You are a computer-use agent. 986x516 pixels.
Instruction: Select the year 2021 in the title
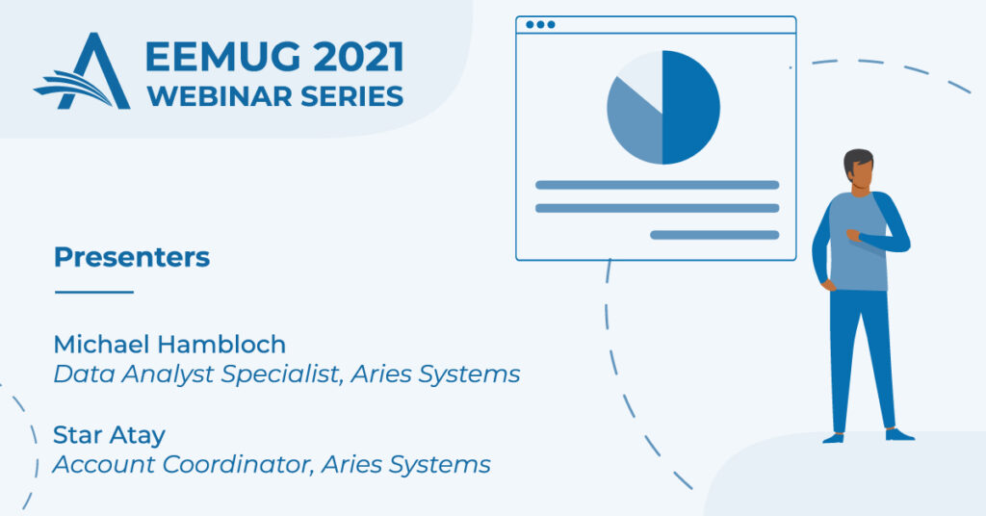pos(358,57)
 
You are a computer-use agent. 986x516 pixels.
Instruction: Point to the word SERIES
pos(352,96)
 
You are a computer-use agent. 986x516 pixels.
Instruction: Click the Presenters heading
pos(132,257)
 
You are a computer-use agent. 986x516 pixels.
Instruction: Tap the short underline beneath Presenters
pos(94,292)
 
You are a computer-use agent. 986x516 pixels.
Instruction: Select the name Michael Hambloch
pos(169,344)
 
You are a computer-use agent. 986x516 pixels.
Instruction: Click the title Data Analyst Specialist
pos(197,374)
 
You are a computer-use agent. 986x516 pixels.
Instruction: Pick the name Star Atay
pos(110,435)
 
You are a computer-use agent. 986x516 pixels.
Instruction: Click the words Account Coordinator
pos(183,464)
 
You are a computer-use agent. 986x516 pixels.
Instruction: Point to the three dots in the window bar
pos(540,24)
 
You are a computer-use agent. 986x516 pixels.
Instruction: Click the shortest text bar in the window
pos(714,235)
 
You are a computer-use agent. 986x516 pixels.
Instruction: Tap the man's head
pos(858,168)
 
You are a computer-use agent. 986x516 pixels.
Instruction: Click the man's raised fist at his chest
pos(853,235)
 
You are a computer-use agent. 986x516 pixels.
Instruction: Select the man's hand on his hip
pos(829,285)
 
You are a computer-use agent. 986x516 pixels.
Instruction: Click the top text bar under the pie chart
pos(657,185)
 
